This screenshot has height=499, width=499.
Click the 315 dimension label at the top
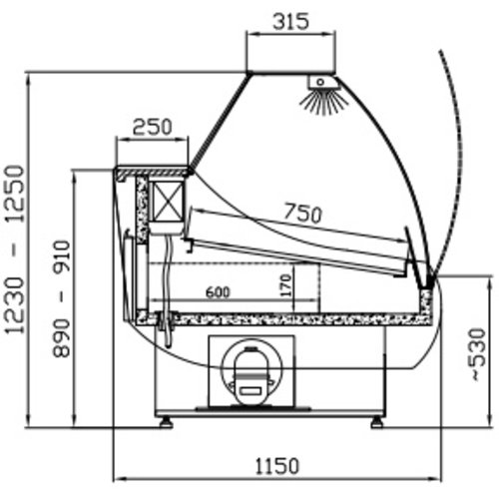(290, 22)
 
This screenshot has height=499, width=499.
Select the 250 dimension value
(153, 127)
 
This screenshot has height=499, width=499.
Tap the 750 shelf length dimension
(302, 213)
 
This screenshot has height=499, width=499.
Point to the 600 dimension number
(218, 292)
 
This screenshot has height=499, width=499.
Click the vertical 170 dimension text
(286, 285)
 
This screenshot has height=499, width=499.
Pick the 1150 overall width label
(277, 466)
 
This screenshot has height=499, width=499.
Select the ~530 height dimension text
(478, 354)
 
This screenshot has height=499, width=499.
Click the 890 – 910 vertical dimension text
(62, 298)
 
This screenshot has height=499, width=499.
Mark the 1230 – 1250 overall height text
(15, 249)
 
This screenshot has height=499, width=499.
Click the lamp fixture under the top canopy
(322, 83)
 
